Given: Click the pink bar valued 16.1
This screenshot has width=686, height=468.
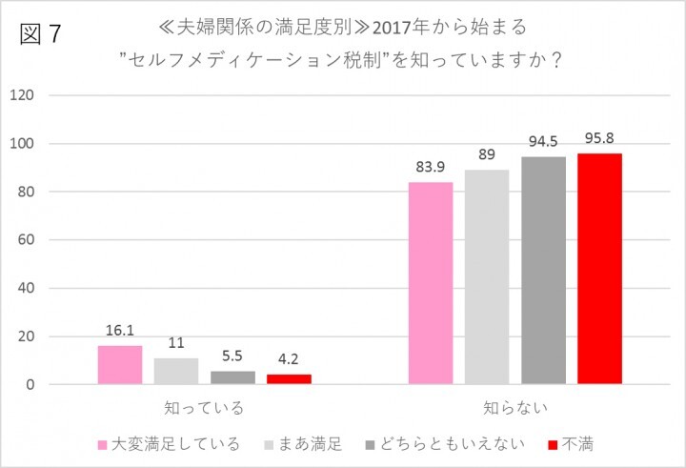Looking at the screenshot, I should pyautogui.click(x=119, y=365).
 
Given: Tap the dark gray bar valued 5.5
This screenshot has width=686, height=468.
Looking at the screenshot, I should pyautogui.click(x=232, y=377).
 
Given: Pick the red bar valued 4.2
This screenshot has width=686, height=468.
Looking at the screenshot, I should pyautogui.click(x=289, y=379).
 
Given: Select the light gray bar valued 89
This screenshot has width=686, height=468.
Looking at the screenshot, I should pyautogui.click(x=487, y=277).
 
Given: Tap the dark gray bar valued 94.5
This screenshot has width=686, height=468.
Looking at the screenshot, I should pyautogui.click(x=543, y=271).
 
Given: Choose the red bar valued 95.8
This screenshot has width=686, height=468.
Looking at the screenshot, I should pyautogui.click(x=599, y=269).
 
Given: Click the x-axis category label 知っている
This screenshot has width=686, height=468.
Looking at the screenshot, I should pyautogui.click(x=204, y=408).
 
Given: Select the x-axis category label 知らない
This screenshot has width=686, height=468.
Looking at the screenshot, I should pyautogui.click(x=515, y=408).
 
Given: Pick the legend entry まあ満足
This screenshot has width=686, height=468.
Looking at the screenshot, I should pyautogui.click(x=310, y=444).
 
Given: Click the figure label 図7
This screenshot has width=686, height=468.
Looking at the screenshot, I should pyautogui.click(x=40, y=33).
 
